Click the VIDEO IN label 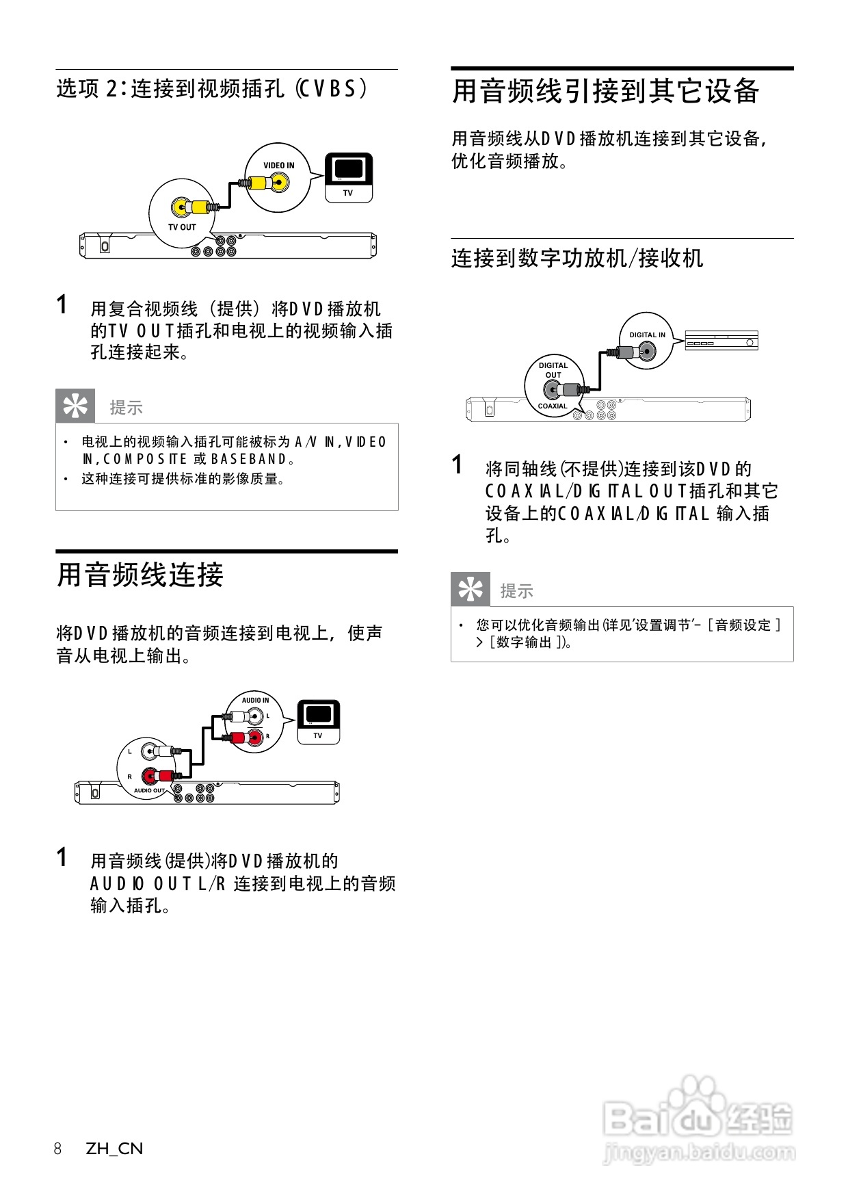279,166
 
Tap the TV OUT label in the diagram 182,227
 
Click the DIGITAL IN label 647,335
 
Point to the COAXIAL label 553,406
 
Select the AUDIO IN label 255,701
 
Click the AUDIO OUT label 149,791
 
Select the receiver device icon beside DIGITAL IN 721,340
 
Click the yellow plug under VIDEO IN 260,183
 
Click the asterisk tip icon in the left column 75,406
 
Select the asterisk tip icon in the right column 471,589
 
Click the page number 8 58,1149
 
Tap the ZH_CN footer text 114,1149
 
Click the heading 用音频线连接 140,575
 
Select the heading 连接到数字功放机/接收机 577,259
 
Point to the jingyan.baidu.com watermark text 699,1153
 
